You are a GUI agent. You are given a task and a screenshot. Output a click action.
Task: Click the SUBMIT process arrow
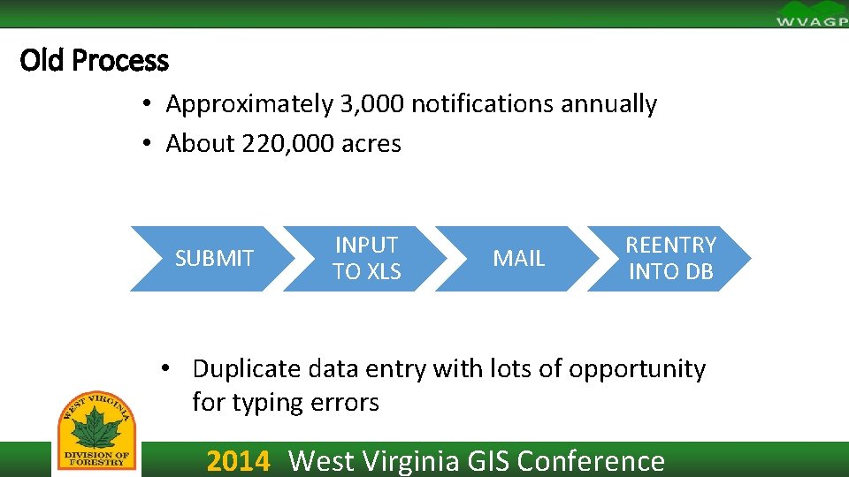pos(213,259)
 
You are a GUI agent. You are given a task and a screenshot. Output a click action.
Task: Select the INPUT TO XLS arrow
pos(366,259)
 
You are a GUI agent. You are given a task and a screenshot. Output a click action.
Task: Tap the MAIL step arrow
pos(518,259)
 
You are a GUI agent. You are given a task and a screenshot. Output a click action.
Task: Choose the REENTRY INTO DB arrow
pos(670,259)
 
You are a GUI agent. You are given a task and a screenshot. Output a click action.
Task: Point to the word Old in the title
pos(42,61)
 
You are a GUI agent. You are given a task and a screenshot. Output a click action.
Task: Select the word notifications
pos(483,104)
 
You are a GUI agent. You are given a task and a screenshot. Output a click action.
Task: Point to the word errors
pos(344,403)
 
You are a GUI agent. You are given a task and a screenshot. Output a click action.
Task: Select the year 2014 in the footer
pos(238,461)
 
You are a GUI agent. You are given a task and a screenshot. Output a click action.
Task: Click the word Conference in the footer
pos(591,461)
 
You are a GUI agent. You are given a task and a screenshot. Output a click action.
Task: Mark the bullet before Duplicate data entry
pos(164,368)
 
